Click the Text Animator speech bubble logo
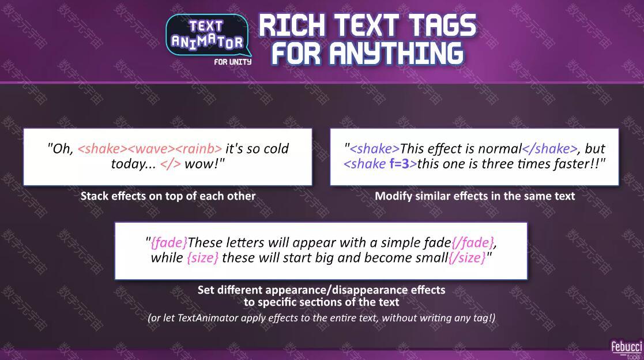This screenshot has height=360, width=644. click(208, 36)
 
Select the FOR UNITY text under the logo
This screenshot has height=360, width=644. click(232, 62)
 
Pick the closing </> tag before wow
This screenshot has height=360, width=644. click(171, 164)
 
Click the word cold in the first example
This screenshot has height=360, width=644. click(276, 148)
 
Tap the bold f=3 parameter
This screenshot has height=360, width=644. click(400, 164)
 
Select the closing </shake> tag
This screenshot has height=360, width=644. click(549, 148)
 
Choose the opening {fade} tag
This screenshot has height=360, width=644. click(169, 242)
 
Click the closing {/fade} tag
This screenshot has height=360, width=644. click(472, 242)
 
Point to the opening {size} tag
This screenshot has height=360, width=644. click(202, 258)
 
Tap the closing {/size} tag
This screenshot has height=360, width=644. click(467, 258)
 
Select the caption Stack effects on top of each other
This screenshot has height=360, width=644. click(168, 196)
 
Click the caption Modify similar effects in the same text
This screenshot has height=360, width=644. click(475, 196)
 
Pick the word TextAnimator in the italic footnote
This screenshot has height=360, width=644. click(208, 318)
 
